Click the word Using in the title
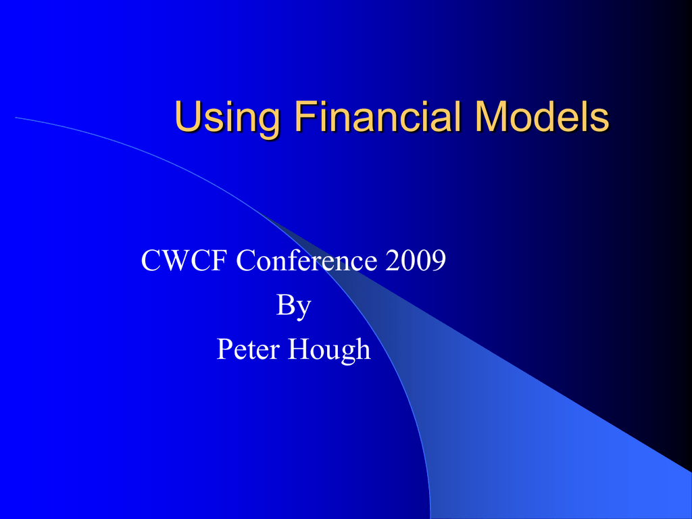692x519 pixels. click(227, 118)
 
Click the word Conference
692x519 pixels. click(307, 260)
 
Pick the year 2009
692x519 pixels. click(416, 260)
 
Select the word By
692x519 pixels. click(293, 306)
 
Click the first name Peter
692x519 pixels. click(248, 349)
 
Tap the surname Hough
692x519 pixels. click(329, 350)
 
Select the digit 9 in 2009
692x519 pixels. click(438, 260)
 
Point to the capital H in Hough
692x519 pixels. click(299, 349)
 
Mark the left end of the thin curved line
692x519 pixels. click(16, 118)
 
